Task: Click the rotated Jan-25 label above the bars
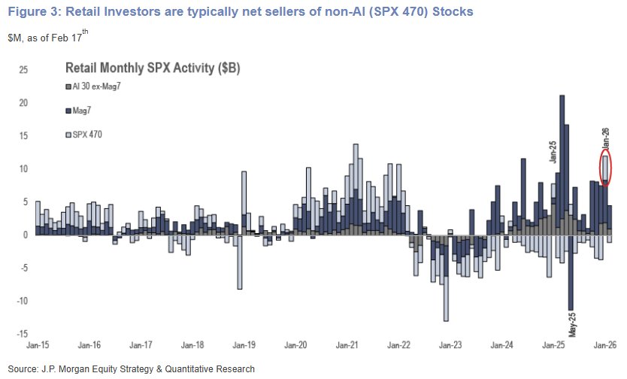[553, 148]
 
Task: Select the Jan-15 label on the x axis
[38, 347]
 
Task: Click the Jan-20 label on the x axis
[296, 347]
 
